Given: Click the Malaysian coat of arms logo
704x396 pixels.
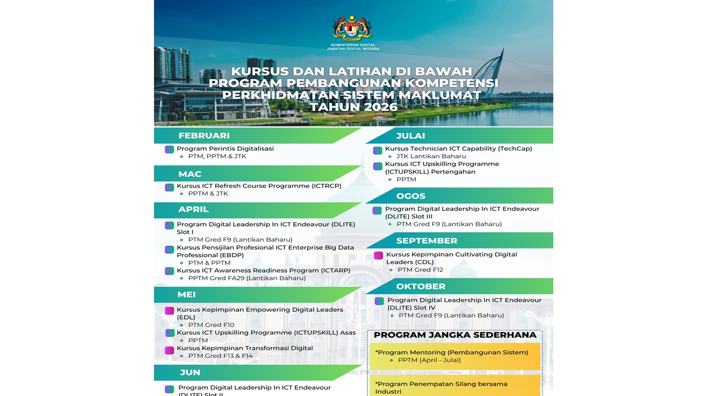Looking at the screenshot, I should [352, 28].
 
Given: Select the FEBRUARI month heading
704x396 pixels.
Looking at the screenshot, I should [204, 136].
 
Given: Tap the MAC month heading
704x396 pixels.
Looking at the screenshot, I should [190, 174].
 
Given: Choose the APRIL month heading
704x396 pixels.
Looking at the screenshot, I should [194, 210].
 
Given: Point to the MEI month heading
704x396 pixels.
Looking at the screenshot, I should [187, 295].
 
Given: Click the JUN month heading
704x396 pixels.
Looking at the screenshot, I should [190, 373].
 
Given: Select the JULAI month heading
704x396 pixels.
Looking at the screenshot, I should [410, 136].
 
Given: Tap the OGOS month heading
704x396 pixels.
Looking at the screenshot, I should [411, 196].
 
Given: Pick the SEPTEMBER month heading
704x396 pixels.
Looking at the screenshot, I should [427, 241].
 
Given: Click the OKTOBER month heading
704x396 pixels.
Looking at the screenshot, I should [421, 287].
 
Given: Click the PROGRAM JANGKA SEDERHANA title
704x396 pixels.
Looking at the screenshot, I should [455, 335].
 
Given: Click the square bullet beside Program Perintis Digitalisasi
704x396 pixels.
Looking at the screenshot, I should [169, 149].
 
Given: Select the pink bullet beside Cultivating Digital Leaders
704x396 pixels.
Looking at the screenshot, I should [378, 255].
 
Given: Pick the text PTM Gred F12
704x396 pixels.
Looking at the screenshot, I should [420, 269].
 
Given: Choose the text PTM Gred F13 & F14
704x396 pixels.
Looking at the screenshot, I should [221, 356].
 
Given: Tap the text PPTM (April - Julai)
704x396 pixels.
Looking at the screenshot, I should [429, 360].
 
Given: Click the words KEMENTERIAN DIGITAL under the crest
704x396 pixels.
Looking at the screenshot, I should [353, 45].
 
